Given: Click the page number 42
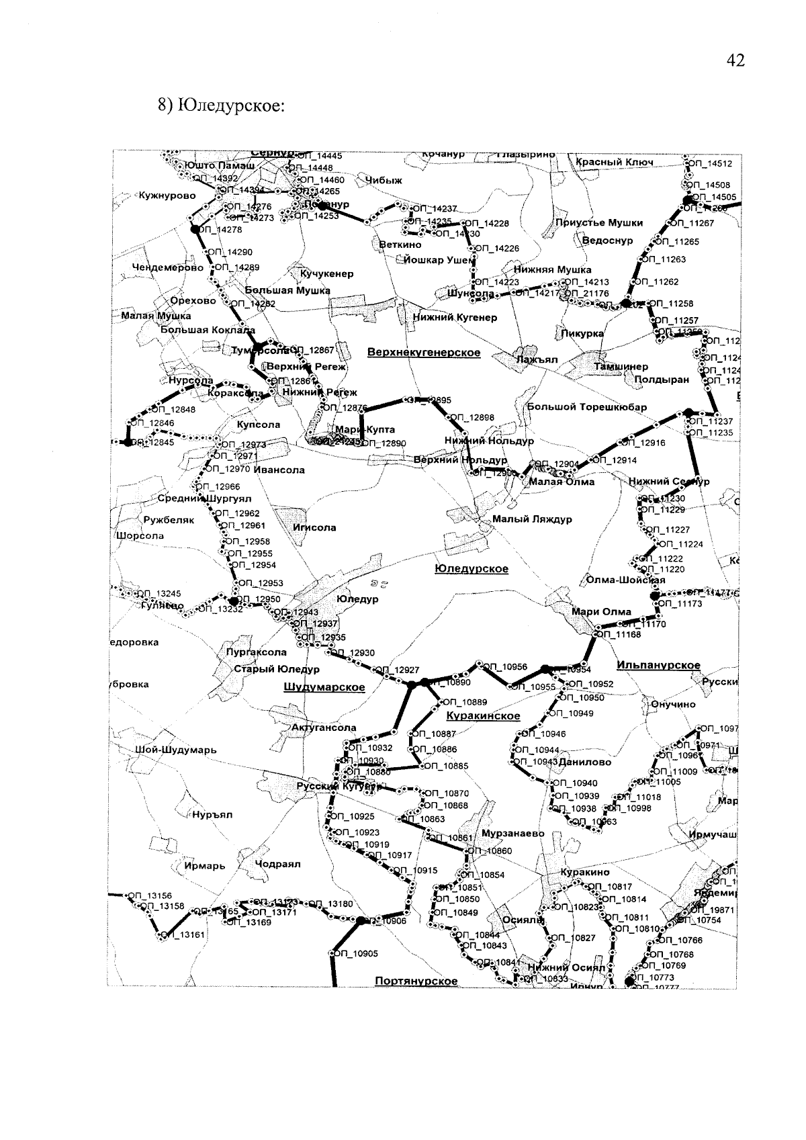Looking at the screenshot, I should (x=735, y=61).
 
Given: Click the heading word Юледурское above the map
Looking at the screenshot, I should (x=228, y=106).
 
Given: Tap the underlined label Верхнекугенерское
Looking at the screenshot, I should (x=424, y=352).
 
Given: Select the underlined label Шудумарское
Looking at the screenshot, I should (x=324, y=687).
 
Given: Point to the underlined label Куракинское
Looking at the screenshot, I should (x=483, y=715).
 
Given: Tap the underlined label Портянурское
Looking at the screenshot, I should (x=416, y=981).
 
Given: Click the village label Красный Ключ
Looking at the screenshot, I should (x=615, y=163).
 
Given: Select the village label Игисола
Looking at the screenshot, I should (x=314, y=527).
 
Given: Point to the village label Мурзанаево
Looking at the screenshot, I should (x=513, y=834).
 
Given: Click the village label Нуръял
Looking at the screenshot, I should (x=212, y=815).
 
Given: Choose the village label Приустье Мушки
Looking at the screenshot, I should (x=598, y=222).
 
